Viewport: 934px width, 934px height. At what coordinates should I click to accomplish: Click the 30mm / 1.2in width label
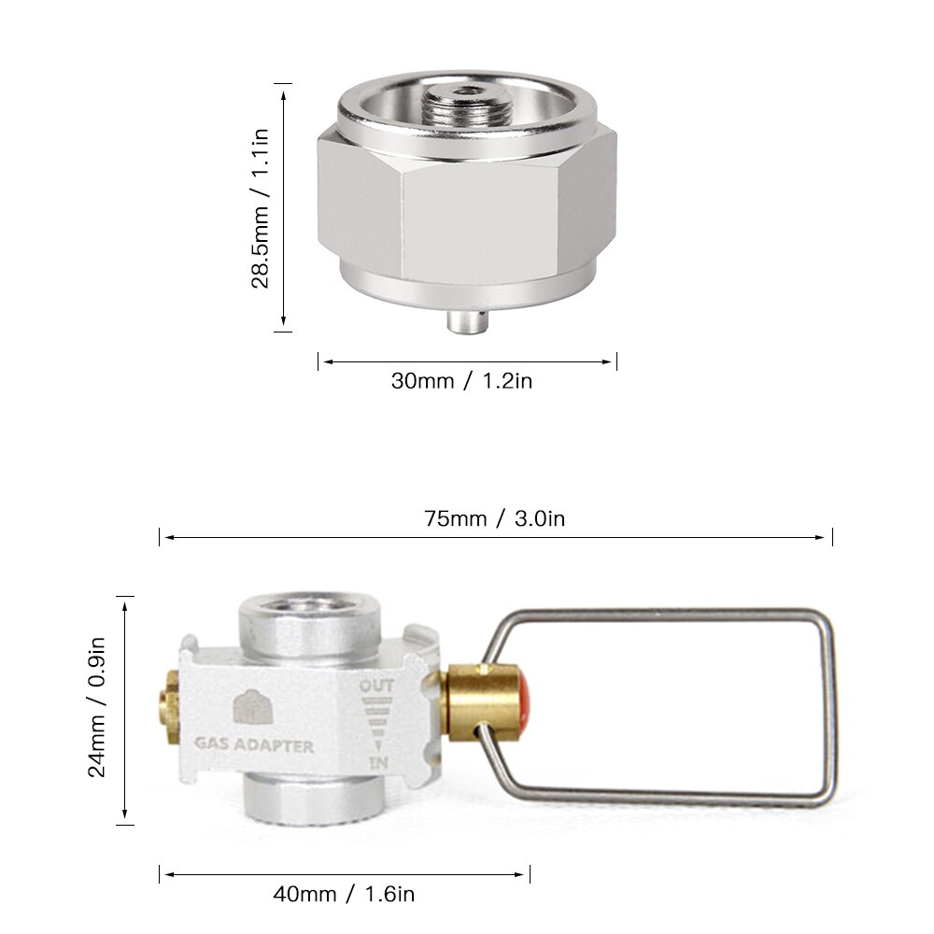click(461, 381)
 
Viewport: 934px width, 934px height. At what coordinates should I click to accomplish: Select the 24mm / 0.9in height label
click(101, 710)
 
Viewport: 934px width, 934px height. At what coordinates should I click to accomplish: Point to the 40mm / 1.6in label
click(344, 894)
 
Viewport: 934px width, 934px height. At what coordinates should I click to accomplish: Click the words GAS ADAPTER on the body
click(254, 746)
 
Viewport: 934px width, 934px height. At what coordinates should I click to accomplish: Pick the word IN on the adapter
click(378, 764)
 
